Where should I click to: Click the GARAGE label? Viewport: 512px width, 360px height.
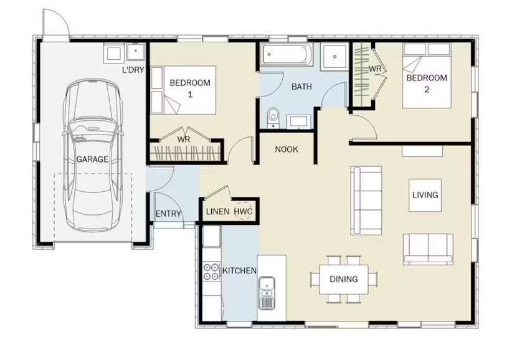[92, 159]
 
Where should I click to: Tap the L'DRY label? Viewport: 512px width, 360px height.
[133, 70]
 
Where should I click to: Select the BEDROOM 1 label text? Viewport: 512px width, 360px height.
[190, 88]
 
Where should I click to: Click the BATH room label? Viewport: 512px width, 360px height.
[301, 87]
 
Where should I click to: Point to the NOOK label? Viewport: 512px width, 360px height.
[287, 149]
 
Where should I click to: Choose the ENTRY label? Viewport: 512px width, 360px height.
[168, 214]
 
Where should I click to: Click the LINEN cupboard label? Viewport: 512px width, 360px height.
[217, 212]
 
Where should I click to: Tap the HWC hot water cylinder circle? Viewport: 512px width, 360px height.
[244, 212]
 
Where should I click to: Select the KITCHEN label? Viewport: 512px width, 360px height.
[239, 270]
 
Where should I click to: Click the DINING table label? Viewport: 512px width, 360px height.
[343, 279]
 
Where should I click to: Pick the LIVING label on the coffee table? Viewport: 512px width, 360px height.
[425, 195]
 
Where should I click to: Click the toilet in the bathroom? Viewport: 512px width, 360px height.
[273, 118]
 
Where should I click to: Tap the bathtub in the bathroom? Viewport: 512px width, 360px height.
[287, 54]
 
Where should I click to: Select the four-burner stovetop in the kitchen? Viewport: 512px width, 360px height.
[211, 272]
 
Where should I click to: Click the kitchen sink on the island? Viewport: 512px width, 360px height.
[267, 293]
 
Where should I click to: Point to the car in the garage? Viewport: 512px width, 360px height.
[93, 154]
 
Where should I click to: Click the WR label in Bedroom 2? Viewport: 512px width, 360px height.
[375, 69]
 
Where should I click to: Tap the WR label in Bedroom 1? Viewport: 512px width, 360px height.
[184, 140]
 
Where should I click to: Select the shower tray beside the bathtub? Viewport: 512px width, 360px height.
[334, 56]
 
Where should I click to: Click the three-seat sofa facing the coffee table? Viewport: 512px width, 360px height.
[366, 201]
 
